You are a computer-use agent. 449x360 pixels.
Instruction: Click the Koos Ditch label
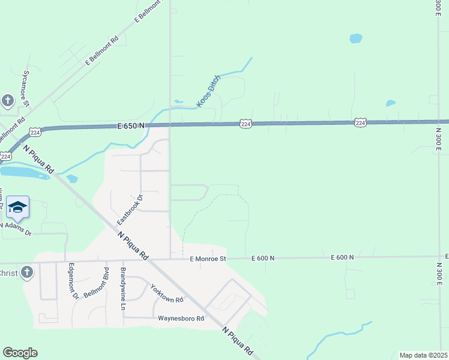pyautogui.click(x=208, y=91)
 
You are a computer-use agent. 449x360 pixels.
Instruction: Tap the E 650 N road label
pyautogui.click(x=131, y=125)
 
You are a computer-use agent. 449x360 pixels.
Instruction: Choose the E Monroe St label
pyautogui.click(x=207, y=259)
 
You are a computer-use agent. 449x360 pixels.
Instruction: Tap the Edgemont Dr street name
pyautogui.click(x=73, y=280)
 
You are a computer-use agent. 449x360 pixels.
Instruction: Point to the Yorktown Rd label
pyautogui.click(x=166, y=292)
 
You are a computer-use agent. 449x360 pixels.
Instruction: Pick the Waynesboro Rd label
pyautogui.click(x=181, y=318)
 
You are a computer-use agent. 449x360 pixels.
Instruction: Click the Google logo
pyautogui.click(x=20, y=352)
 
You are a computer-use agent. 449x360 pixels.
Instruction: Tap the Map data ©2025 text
pyautogui.click(x=423, y=355)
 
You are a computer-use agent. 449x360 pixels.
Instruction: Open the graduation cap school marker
pyautogui.click(x=17, y=207)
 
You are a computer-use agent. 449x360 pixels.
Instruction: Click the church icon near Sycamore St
pyautogui.click(x=8, y=101)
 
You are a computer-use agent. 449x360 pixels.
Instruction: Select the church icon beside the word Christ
pyautogui.click(x=26, y=273)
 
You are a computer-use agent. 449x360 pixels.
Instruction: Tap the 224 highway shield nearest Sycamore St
pyautogui.click(x=35, y=132)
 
